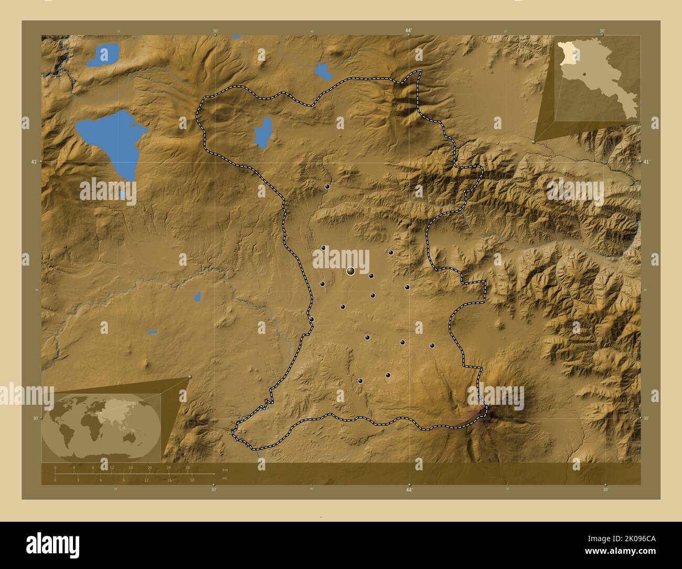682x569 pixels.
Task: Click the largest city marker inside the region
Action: pyautogui.click(x=350, y=271)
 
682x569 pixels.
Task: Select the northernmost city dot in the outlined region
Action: pyautogui.click(x=327, y=186)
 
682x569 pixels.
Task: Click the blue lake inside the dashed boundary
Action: pyautogui.click(x=262, y=133)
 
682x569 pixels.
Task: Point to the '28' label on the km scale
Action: pyautogui.click(x=187, y=467)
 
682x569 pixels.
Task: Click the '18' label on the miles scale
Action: pyautogui.click(x=192, y=480)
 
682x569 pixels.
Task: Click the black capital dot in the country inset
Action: pyautogui.click(x=583, y=75)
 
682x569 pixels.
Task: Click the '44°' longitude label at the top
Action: pyautogui.click(x=408, y=30)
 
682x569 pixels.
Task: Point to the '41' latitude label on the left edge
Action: pyautogui.click(x=33, y=162)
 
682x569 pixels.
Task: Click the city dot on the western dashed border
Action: pyautogui.click(x=311, y=319)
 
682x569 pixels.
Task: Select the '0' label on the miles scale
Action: pyautogui.click(x=56, y=480)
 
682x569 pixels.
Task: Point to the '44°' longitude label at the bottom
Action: pyautogui.click(x=409, y=490)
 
